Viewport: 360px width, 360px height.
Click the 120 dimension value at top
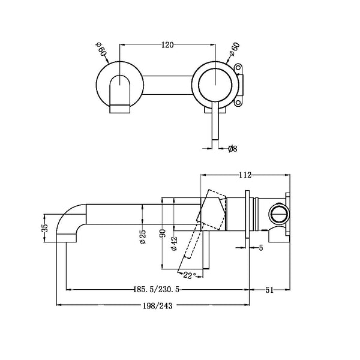click(168, 45)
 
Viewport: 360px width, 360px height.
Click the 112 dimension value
click(244, 175)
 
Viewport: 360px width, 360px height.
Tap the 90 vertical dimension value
click(162, 233)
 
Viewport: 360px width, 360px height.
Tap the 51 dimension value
click(269, 290)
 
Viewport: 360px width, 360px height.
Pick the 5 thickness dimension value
click(262, 247)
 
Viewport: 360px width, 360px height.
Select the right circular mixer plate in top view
click(214, 84)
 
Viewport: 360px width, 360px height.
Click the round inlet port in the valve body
click(277, 214)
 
